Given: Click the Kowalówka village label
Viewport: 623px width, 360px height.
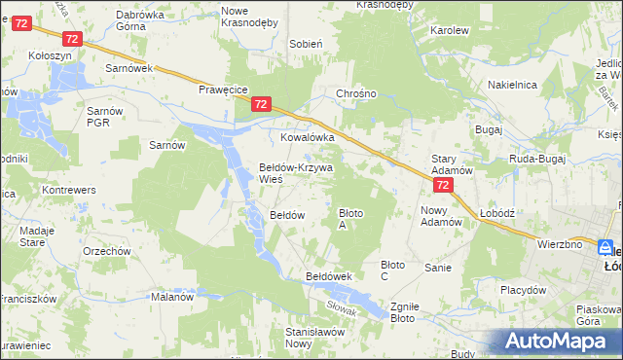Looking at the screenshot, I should [x=308, y=138].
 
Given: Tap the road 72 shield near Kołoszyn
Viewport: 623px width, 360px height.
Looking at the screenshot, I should [x=70, y=39].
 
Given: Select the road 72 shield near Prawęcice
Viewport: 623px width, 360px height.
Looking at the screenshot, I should [x=260, y=103].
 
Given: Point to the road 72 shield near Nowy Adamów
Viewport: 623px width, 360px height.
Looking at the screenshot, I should [x=443, y=184].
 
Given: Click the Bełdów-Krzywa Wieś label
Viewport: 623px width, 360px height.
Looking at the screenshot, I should [x=296, y=173].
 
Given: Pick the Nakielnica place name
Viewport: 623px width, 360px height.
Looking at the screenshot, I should [x=512, y=86].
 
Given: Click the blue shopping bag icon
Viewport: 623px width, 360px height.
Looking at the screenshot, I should [x=605, y=248].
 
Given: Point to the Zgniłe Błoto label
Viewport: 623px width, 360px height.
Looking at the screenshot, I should [x=403, y=311].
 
